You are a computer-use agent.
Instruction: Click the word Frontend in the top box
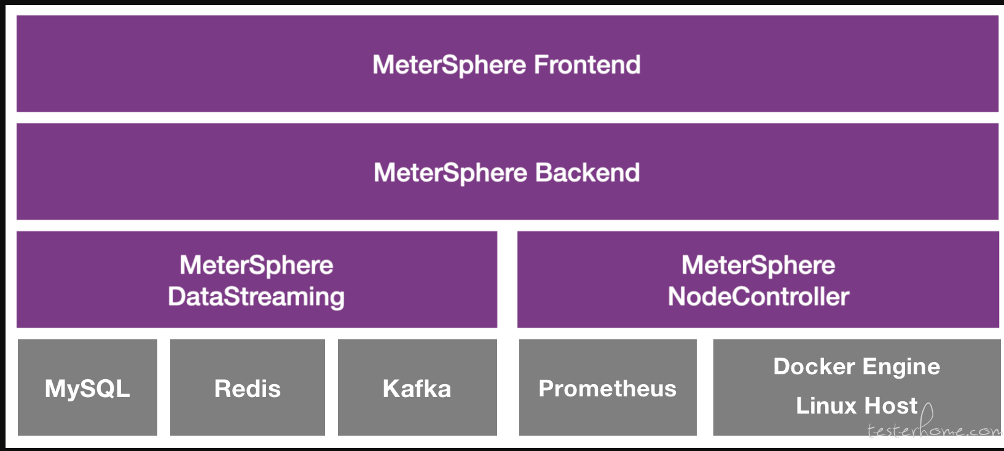point(587,64)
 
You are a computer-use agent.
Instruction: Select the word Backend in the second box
point(587,172)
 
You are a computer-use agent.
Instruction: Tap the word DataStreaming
point(256,297)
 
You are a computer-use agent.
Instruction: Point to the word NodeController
point(758,296)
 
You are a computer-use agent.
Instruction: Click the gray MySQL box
point(87,387)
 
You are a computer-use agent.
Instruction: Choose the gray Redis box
point(248,387)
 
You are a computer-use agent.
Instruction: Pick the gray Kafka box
point(417,387)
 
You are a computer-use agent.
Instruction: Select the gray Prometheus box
point(608,387)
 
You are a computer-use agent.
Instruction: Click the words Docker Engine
point(857,367)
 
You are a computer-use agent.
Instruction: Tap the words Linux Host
point(857,406)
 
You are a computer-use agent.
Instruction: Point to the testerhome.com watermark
point(935,427)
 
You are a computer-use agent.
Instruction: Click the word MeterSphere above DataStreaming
point(256,265)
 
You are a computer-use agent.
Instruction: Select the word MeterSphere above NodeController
point(758,265)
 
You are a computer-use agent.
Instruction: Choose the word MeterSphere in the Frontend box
point(449,65)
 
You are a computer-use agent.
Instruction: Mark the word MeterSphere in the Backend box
point(450,172)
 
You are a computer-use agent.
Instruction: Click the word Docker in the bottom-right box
point(814,367)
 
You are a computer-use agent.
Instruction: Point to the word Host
point(891,406)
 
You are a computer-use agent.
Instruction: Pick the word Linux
point(826,406)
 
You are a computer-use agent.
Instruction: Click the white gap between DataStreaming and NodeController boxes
point(508,279)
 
